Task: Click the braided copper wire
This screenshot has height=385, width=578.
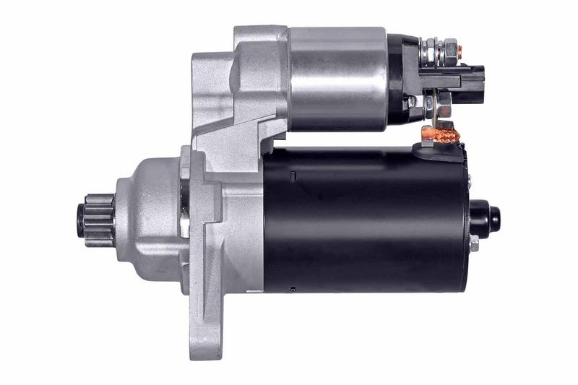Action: click(436, 134)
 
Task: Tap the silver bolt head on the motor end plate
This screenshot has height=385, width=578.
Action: click(474, 243)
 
